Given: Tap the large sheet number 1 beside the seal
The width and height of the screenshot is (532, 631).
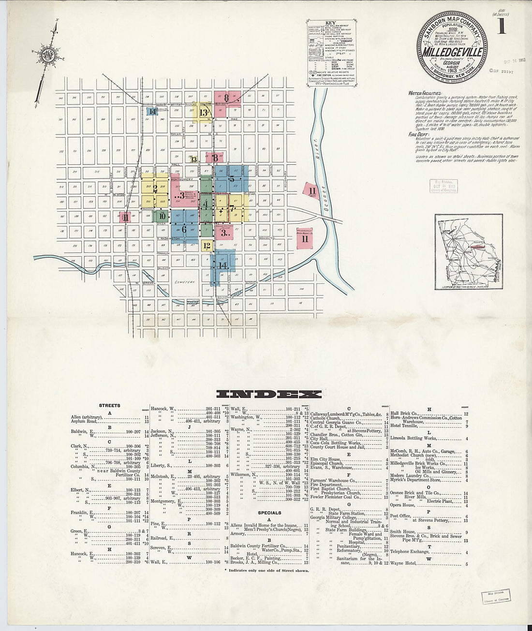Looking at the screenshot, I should pyautogui.click(x=501, y=27).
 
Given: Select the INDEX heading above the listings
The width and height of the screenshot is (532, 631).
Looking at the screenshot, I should pyautogui.click(x=269, y=394).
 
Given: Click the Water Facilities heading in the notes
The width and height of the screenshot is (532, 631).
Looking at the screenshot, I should pyautogui.click(x=425, y=93).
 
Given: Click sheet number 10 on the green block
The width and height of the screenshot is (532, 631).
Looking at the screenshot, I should pyautogui.click(x=162, y=216).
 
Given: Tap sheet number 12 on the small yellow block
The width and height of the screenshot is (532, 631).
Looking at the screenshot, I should pyautogui.click(x=207, y=246).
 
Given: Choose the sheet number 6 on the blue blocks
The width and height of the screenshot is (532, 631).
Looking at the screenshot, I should pyautogui.click(x=184, y=230).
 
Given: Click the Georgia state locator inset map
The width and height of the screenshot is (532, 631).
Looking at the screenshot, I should pyautogui.click(x=468, y=251).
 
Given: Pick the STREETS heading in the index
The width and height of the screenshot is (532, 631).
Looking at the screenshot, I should pyautogui.click(x=109, y=406).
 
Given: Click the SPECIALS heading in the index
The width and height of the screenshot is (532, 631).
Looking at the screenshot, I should pyautogui.click(x=269, y=513).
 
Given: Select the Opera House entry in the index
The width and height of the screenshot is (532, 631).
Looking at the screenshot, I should pyautogui.click(x=403, y=505).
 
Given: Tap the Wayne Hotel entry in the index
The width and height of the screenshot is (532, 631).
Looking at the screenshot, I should pyautogui.click(x=404, y=564).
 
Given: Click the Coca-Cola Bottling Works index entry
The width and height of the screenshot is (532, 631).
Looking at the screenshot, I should pyautogui.click(x=336, y=442).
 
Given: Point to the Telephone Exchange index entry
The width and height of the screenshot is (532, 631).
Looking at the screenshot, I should pyautogui.click(x=410, y=552).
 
